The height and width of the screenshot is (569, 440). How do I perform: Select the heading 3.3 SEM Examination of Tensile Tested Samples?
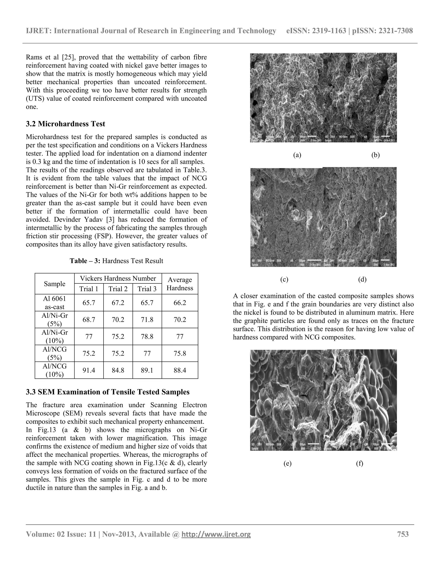pos(108,392)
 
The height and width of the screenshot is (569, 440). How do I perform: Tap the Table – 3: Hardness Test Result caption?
pos(116,261)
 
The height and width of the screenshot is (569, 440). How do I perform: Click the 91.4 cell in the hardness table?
pos(89,370)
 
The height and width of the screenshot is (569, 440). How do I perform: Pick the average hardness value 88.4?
pos(180,370)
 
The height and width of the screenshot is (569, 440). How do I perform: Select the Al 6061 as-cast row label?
pos(55,303)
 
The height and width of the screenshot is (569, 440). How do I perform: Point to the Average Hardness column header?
pos(180,284)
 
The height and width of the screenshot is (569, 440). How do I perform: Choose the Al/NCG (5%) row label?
pos(55,353)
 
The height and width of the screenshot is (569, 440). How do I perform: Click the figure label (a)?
pos(297,155)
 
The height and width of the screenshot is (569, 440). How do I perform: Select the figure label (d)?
pos(362,280)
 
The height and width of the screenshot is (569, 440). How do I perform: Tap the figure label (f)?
pos(359,464)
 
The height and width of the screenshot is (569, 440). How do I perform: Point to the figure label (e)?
pos(287,464)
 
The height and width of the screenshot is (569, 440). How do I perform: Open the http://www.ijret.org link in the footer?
pos(216,534)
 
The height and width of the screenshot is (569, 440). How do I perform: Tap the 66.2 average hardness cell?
pos(180,303)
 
